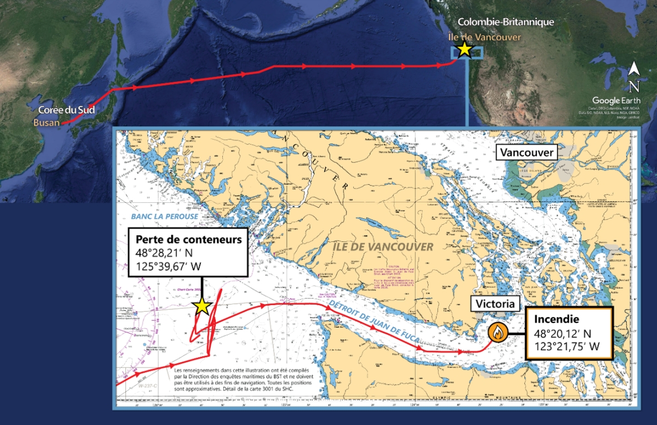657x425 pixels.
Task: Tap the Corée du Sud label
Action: [66, 110]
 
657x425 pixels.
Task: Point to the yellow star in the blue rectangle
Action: [464, 50]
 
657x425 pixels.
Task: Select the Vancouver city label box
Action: [526, 153]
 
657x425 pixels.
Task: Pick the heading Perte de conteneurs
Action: [188, 240]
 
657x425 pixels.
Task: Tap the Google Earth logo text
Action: [614, 101]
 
